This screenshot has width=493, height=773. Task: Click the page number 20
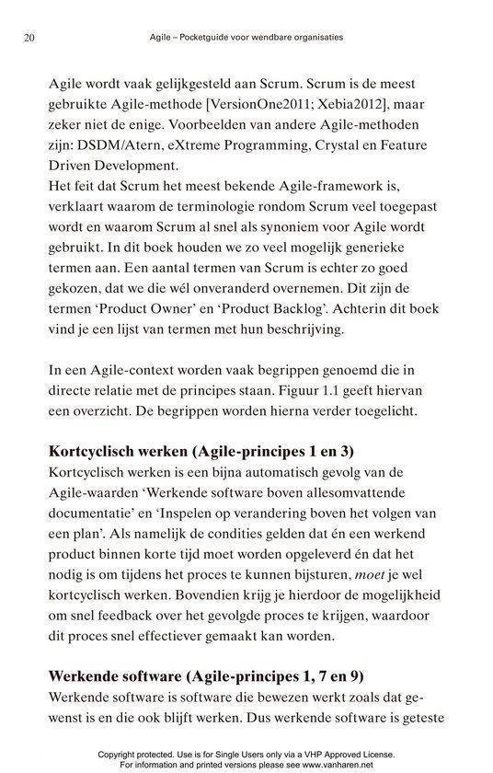27,39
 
